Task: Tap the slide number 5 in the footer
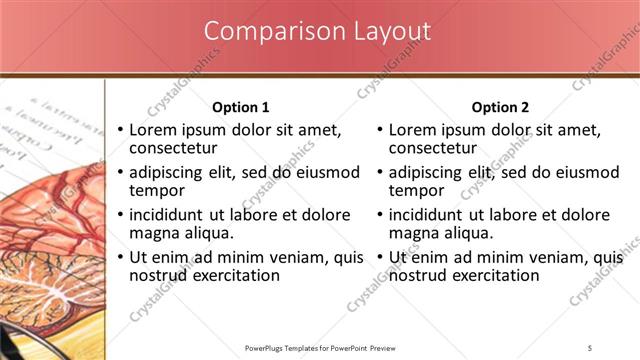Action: click(x=590, y=347)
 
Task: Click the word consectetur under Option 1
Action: click(x=175, y=149)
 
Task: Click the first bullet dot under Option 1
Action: click(x=121, y=131)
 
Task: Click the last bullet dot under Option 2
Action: click(x=381, y=258)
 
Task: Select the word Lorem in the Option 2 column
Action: click(x=412, y=130)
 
